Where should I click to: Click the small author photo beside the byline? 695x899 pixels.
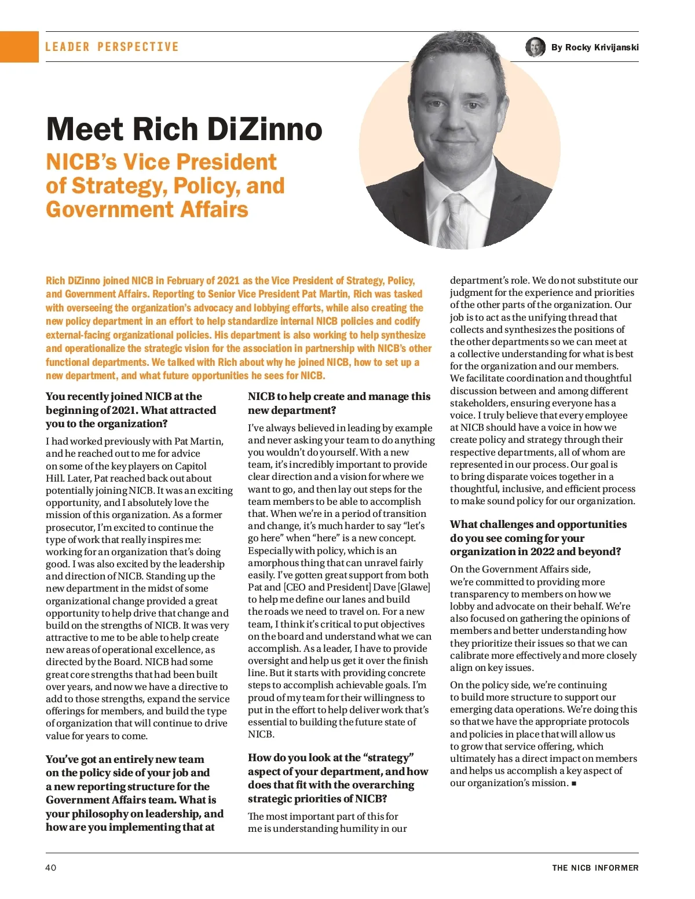point(535,47)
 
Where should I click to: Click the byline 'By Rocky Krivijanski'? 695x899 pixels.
point(595,47)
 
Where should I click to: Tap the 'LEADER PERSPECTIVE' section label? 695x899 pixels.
point(112,47)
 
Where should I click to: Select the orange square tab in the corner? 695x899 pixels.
point(19,47)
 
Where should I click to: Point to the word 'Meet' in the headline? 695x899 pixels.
point(85,129)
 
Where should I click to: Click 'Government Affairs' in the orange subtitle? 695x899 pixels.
point(147,210)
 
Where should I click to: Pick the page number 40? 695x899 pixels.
point(51,867)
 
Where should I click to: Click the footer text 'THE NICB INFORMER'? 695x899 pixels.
point(595,868)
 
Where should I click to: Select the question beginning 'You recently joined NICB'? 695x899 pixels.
point(131,410)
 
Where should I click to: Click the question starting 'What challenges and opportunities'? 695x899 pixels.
point(538,538)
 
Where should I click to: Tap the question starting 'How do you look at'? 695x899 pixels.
point(338,778)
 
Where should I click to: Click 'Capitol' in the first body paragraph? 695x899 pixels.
point(191,466)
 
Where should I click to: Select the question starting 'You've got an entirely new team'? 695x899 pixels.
point(134,793)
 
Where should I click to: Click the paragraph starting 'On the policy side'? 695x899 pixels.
point(543,734)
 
